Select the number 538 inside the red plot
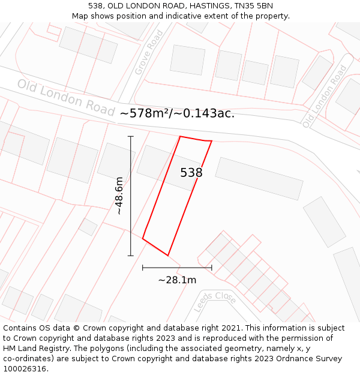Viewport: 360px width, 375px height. (191, 173)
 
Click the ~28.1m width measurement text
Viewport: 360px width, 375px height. (177, 280)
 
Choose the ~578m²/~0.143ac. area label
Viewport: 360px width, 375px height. (177, 113)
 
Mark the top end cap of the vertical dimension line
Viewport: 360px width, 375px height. (131, 137)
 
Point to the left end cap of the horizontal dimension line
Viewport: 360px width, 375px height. (143, 268)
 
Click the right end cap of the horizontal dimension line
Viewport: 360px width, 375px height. (212, 268)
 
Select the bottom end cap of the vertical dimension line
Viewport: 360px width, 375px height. (131, 256)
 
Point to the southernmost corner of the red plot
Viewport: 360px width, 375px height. (168, 256)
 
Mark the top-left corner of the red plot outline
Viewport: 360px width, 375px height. (180, 136)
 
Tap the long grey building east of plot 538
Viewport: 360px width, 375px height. (259, 178)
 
